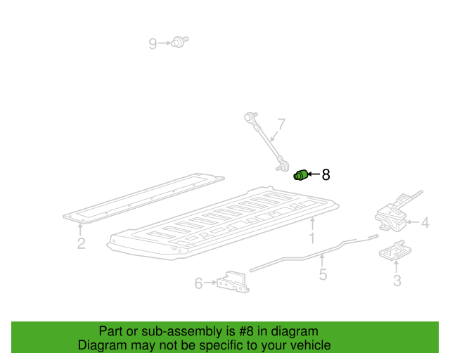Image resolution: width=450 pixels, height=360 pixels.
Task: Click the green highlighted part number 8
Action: coord(300,175)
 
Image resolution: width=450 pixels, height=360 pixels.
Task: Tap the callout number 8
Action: coord(326,174)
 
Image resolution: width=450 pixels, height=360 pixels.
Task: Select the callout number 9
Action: coord(153,44)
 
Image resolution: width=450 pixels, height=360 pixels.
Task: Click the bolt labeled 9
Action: coord(180,42)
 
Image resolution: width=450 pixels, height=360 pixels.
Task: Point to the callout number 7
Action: coord(282,124)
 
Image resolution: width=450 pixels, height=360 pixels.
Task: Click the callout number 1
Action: coord(312,238)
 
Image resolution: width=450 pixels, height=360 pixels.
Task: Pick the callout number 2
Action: coord(82,243)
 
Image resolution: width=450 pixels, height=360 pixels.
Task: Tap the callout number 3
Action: coord(397,281)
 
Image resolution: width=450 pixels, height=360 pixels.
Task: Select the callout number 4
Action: coord(425,223)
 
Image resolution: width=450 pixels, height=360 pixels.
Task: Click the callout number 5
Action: coord(323,274)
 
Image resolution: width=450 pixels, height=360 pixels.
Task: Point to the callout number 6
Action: coord(198,283)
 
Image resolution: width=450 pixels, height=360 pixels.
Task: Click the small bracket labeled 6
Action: coord(233,282)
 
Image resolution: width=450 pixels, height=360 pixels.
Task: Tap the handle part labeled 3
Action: coord(395,250)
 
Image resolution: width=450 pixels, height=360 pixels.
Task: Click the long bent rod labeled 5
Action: coord(314,253)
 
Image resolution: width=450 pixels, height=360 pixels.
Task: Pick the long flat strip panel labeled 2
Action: coord(143,198)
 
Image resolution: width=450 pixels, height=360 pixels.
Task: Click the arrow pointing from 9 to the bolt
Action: coord(165,43)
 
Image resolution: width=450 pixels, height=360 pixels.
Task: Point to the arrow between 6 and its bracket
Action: coord(210,283)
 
